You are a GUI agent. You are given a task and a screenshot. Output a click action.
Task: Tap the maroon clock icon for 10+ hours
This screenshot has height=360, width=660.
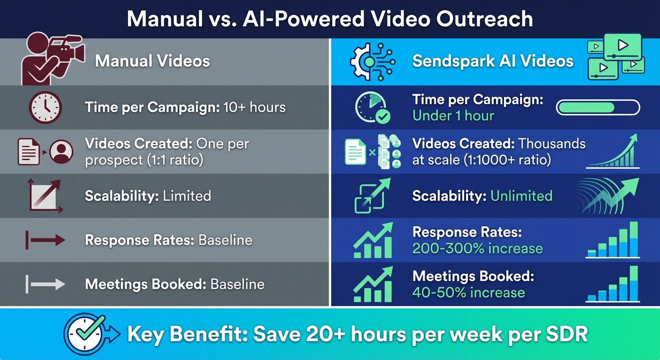point(45,107)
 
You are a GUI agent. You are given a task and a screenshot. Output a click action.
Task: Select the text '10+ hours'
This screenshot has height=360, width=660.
point(254,107)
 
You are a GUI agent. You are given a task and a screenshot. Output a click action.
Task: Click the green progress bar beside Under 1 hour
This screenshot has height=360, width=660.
point(598,107)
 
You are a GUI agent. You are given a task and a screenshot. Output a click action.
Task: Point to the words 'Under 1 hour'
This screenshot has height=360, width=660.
point(453,116)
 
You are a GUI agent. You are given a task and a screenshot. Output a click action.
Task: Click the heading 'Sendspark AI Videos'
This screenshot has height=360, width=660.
point(493,61)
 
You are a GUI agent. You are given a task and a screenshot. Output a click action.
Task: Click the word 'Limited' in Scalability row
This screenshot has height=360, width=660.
point(187,195)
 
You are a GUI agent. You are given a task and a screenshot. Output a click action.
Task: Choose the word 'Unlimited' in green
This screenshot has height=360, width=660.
point(521,195)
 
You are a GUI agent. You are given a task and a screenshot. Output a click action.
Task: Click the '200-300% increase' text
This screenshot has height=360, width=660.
point(477,248)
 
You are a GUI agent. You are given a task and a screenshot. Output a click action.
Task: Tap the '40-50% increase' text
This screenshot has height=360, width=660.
point(468,293)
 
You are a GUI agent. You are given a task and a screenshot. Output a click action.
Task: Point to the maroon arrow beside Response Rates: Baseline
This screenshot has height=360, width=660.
point(45,240)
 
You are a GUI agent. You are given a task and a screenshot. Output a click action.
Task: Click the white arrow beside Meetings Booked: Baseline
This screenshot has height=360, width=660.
point(45,284)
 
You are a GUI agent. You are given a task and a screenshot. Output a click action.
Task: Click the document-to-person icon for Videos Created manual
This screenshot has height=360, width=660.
point(45,151)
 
